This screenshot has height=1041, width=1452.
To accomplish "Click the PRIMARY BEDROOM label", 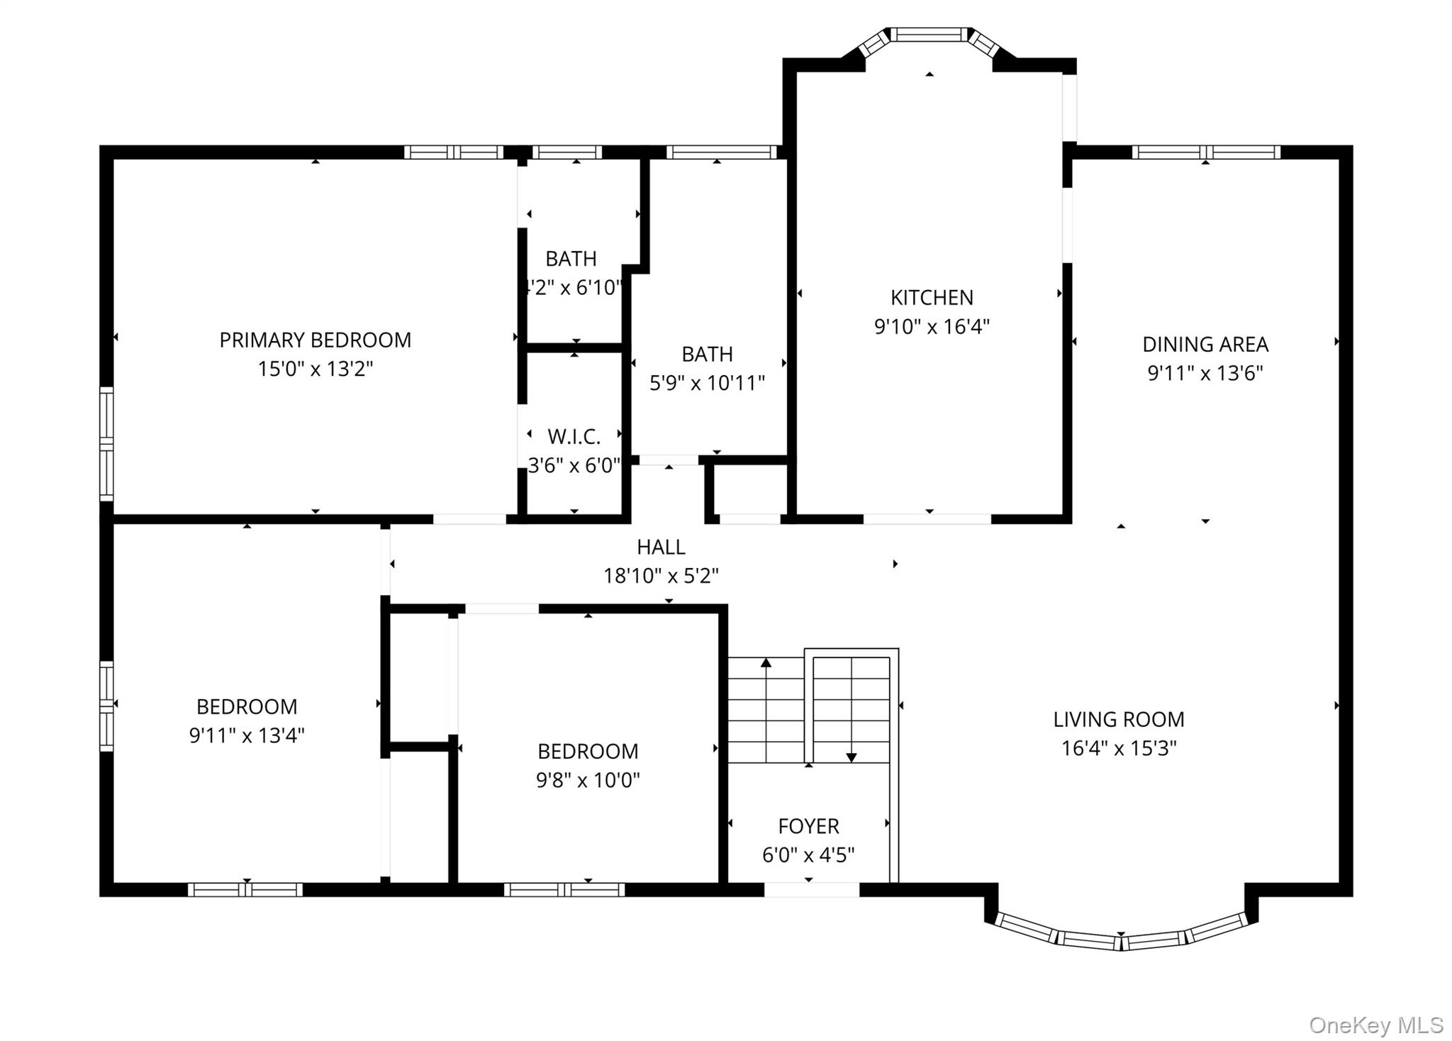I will point(315,340).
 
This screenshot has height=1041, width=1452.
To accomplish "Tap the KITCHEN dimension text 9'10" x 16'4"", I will point(932,327).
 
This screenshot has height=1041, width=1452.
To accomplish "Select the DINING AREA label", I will point(1205,345).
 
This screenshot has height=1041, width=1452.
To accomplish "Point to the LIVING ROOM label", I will point(1118,720).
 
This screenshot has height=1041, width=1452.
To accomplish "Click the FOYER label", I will point(808,826).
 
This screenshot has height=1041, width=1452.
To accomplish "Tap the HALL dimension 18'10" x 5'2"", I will point(661,576).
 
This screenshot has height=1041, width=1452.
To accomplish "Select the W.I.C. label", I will point(574,437).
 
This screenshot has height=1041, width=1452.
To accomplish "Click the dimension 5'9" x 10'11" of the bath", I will point(707,384).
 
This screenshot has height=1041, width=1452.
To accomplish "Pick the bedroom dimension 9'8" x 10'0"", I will point(588,781).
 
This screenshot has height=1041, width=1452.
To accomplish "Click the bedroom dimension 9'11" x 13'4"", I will point(247,735).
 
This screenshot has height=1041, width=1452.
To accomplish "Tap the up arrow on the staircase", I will point(766,664).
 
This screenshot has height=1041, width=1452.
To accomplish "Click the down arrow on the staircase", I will point(851,757).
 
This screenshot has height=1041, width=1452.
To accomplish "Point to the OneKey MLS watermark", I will point(1375,1025).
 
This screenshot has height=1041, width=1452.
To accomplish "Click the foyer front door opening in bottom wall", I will point(811,890).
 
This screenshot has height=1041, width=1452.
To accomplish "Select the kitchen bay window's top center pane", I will point(929,34).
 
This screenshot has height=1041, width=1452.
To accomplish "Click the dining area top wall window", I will point(1205,152).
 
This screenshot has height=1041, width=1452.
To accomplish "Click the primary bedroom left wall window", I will point(106,443).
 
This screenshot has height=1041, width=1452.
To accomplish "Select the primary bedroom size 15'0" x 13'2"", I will point(315,369).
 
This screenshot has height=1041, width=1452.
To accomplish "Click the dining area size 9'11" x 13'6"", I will point(1205,374).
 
